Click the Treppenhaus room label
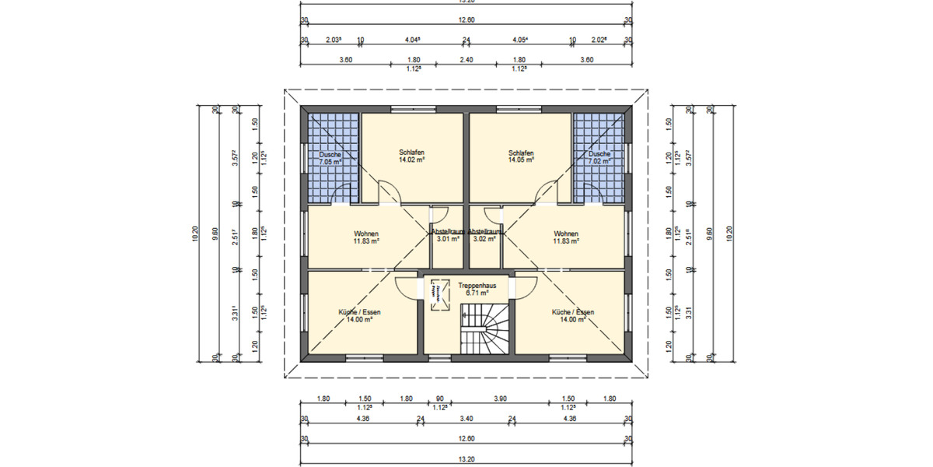coord(472,285)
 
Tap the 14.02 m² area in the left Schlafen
coord(412,160)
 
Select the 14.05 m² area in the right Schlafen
coord(521,160)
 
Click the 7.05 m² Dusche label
coord(330,163)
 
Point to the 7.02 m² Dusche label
coord(599,163)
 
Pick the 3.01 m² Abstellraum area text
coord(447,239)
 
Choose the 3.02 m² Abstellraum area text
coord(484,239)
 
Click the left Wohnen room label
coord(365,233)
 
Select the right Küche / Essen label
coord(572,311)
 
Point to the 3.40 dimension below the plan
coord(466,420)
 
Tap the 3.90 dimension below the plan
coord(501,399)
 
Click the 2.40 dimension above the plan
coord(466,60)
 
